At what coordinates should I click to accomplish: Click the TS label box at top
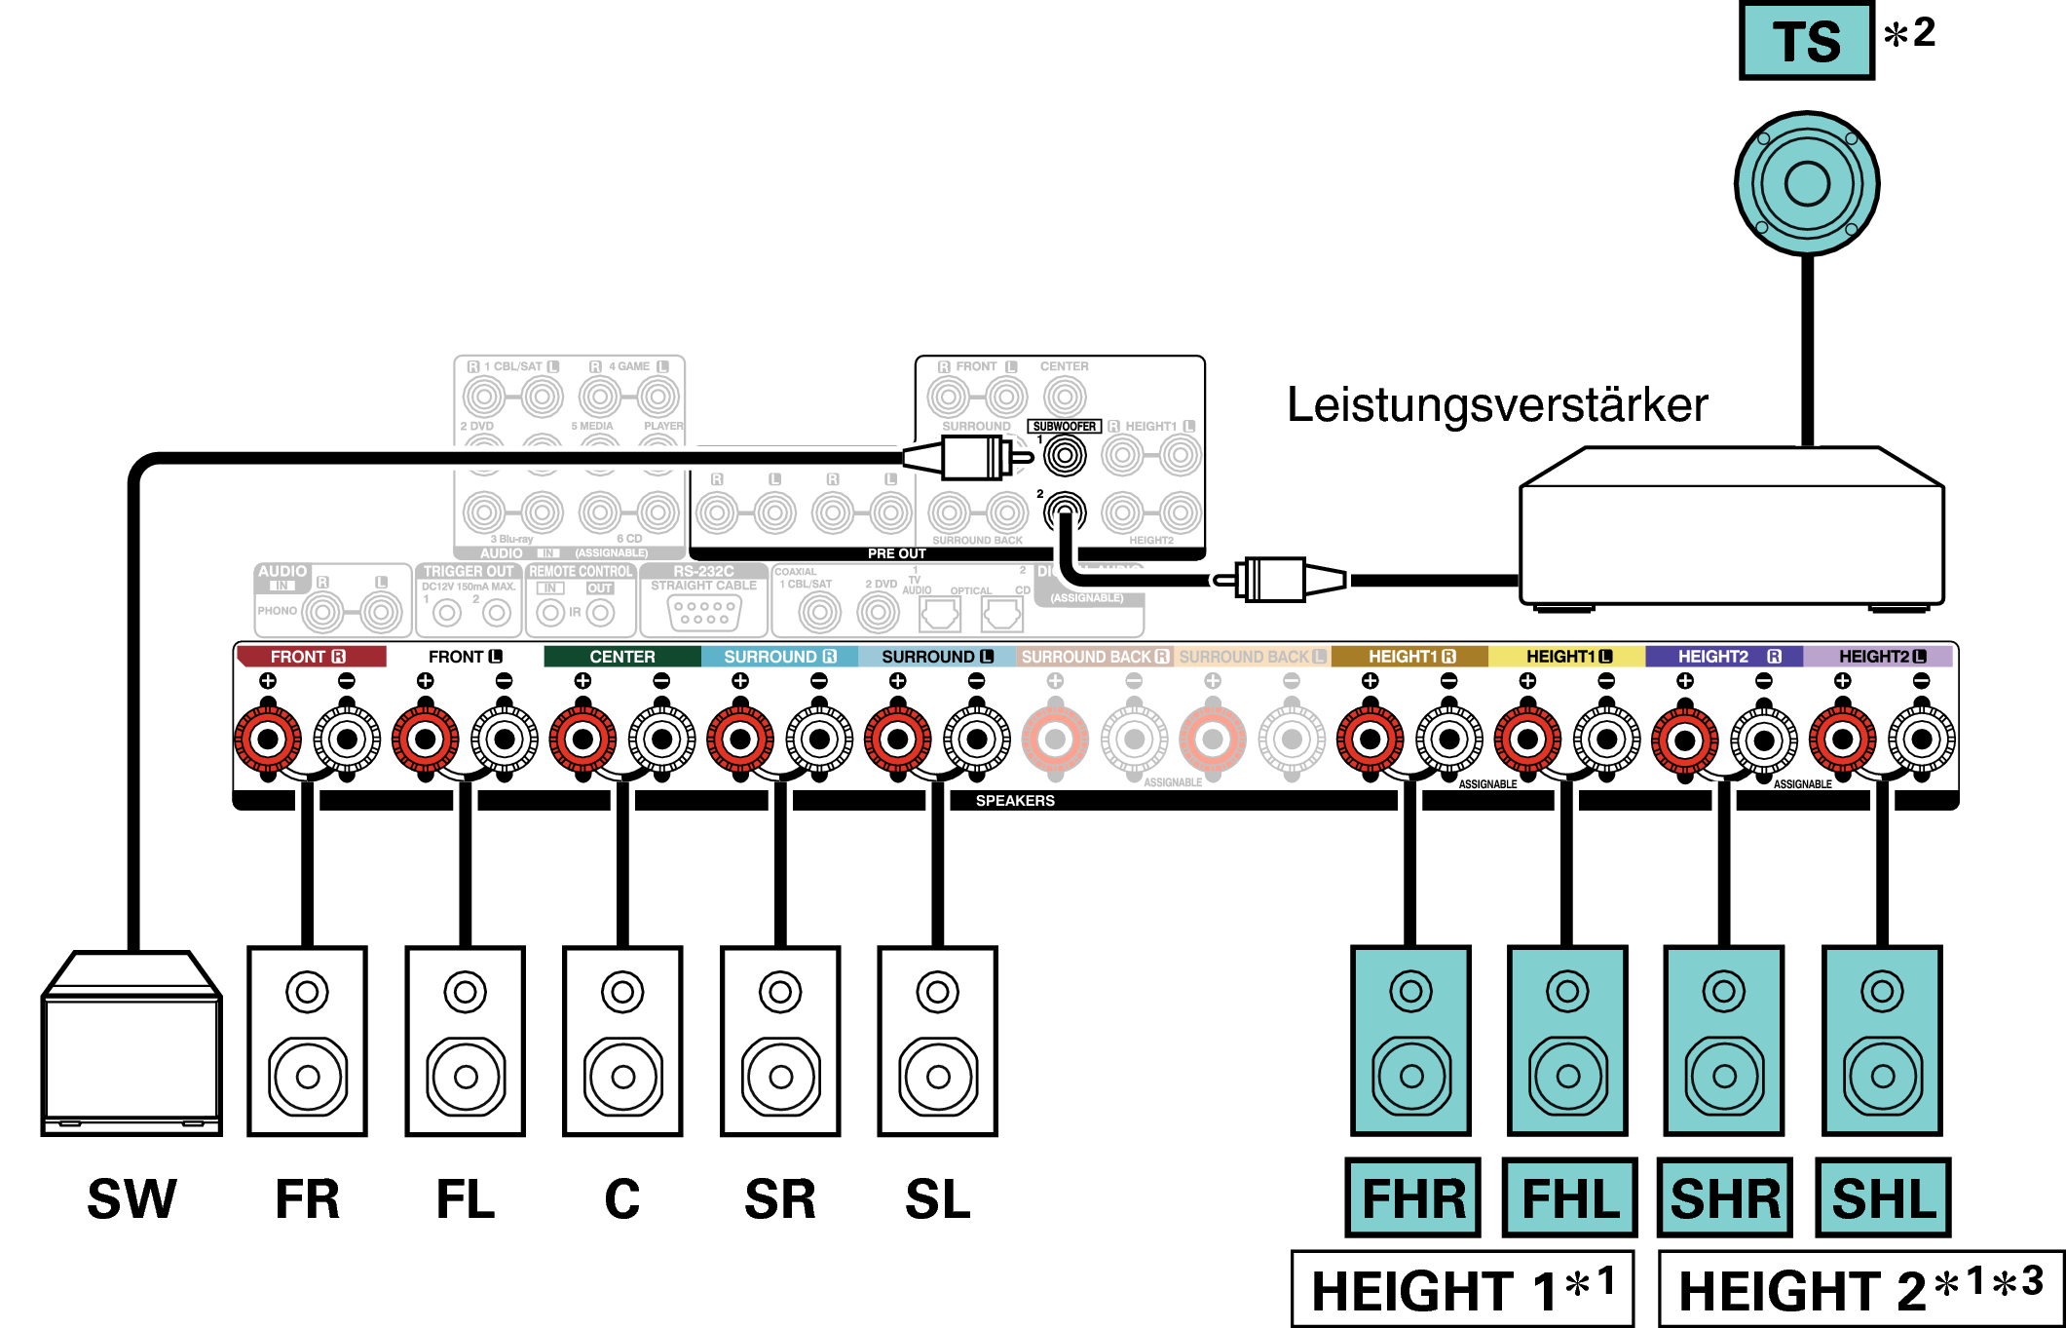tap(1806, 41)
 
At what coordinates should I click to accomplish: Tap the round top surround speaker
tap(1807, 184)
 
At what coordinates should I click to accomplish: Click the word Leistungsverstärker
tap(1497, 404)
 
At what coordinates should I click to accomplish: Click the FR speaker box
tap(307, 1041)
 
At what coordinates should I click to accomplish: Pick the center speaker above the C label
tap(622, 1041)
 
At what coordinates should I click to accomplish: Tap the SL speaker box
tap(937, 1041)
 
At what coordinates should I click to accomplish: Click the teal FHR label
tap(1412, 1197)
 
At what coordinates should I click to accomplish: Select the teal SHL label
tap(1883, 1197)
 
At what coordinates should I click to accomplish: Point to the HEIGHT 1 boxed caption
tap(1461, 1289)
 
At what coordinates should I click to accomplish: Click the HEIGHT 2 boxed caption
tap(1860, 1289)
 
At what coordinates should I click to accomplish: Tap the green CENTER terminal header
tap(621, 657)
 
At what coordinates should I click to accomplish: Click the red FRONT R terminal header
tap(310, 657)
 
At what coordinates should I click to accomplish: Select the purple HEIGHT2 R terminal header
tap(1724, 657)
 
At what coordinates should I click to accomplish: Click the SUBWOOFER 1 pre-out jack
tap(1065, 455)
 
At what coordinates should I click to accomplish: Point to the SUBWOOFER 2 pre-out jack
tap(1065, 512)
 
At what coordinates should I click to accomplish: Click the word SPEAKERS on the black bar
tap(1015, 801)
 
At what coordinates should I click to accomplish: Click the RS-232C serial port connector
tap(704, 612)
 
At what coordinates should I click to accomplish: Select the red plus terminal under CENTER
tap(582, 740)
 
